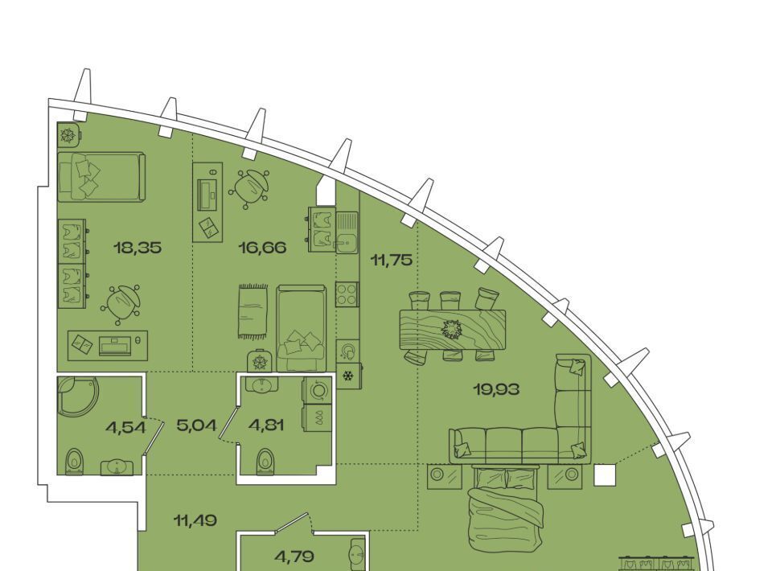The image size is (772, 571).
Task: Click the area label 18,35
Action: [138, 248]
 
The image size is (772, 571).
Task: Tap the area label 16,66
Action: [262, 248]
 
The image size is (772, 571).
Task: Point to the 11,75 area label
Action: [392, 260]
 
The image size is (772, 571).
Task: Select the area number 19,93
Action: [496, 390]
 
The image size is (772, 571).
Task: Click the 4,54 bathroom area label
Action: [125, 428]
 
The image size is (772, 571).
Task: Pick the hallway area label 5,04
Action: [196, 425]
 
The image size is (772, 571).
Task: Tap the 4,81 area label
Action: [266, 425]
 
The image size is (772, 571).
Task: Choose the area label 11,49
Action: [195, 520]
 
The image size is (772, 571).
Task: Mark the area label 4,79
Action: [294, 557]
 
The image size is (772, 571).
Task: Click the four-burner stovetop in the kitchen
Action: [347, 294]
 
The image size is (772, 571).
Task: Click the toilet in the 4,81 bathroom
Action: [265, 462]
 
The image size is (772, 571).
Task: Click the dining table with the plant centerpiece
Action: [453, 329]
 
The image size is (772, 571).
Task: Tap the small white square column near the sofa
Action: [605, 475]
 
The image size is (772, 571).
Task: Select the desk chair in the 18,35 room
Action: [121, 305]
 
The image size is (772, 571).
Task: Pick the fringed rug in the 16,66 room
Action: [253, 311]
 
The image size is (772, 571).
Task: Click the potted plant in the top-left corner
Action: [68, 134]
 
